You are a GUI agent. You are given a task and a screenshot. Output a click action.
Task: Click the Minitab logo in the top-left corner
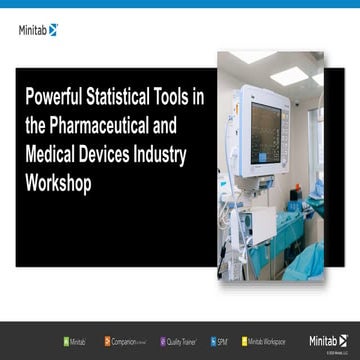click(x=38, y=30)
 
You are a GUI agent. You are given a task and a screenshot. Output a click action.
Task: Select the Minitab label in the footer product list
click(x=78, y=341)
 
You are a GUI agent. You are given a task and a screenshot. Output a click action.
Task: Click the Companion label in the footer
click(x=129, y=341)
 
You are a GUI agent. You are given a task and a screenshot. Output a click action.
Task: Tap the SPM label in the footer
click(x=223, y=341)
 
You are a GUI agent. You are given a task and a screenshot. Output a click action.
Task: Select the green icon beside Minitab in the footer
click(x=65, y=341)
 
